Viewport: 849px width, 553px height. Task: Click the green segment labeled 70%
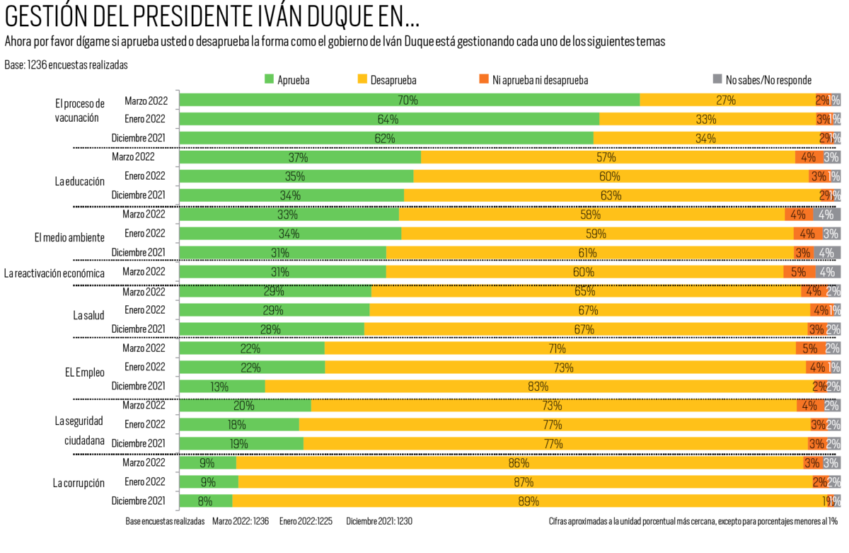[409, 100]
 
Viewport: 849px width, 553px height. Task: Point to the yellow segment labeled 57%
[607, 157]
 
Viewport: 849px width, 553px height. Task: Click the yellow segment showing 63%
[611, 195]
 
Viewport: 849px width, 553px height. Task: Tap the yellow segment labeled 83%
[539, 387]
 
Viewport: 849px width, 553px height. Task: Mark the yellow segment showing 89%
[529, 501]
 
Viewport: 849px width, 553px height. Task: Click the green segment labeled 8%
[206, 501]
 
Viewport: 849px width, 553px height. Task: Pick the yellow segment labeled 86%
[519, 463]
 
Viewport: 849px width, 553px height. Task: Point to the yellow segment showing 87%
[524, 482]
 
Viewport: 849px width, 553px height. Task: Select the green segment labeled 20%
[245, 406]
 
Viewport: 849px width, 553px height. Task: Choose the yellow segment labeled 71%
[559, 348]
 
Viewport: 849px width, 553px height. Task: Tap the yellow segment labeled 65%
[586, 291]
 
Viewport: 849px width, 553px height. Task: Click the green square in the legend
[269, 79]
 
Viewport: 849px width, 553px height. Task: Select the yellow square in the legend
[362, 79]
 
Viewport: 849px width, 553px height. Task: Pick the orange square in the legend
[484, 79]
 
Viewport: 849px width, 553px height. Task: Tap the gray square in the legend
[717, 79]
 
